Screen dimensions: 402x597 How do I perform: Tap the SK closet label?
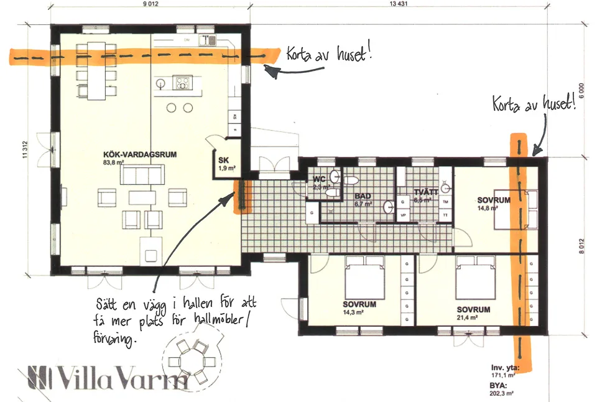click(223, 161)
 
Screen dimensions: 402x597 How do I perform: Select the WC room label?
click(320, 179)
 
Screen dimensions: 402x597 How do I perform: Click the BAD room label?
click(363, 195)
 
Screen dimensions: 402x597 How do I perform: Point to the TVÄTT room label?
click(427, 193)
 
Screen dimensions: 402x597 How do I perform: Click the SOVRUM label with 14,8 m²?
click(494, 200)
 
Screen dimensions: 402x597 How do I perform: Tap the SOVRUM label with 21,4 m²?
click(473, 309)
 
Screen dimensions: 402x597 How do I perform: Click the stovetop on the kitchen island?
click(183, 82)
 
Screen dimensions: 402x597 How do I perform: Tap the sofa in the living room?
click(145, 176)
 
